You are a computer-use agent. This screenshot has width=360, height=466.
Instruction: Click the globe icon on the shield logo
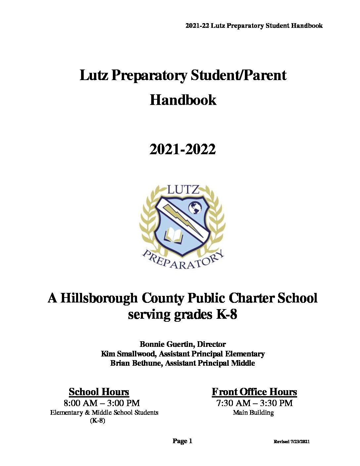point(195,209)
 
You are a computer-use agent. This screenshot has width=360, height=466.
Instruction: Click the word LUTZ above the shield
point(183,190)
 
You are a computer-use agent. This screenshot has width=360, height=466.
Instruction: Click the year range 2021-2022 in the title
point(183,150)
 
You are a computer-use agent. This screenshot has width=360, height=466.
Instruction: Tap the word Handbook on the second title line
point(183,100)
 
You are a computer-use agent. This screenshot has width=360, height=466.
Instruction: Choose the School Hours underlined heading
point(99,392)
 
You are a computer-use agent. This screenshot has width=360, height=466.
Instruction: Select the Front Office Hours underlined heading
point(254,392)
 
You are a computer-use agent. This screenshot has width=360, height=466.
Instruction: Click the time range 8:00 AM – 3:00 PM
point(102,403)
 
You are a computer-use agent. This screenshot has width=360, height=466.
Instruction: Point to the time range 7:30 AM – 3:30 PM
point(254,403)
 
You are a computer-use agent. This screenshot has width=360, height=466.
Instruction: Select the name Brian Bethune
point(136,363)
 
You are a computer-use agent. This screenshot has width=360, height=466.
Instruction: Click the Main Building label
point(253,413)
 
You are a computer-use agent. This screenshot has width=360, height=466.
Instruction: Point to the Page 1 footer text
point(182,441)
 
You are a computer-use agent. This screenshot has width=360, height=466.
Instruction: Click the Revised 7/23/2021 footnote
point(292,442)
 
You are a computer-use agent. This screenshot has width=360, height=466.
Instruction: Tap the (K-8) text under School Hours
point(98,421)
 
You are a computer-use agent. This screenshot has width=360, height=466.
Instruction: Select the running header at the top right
point(254,25)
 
